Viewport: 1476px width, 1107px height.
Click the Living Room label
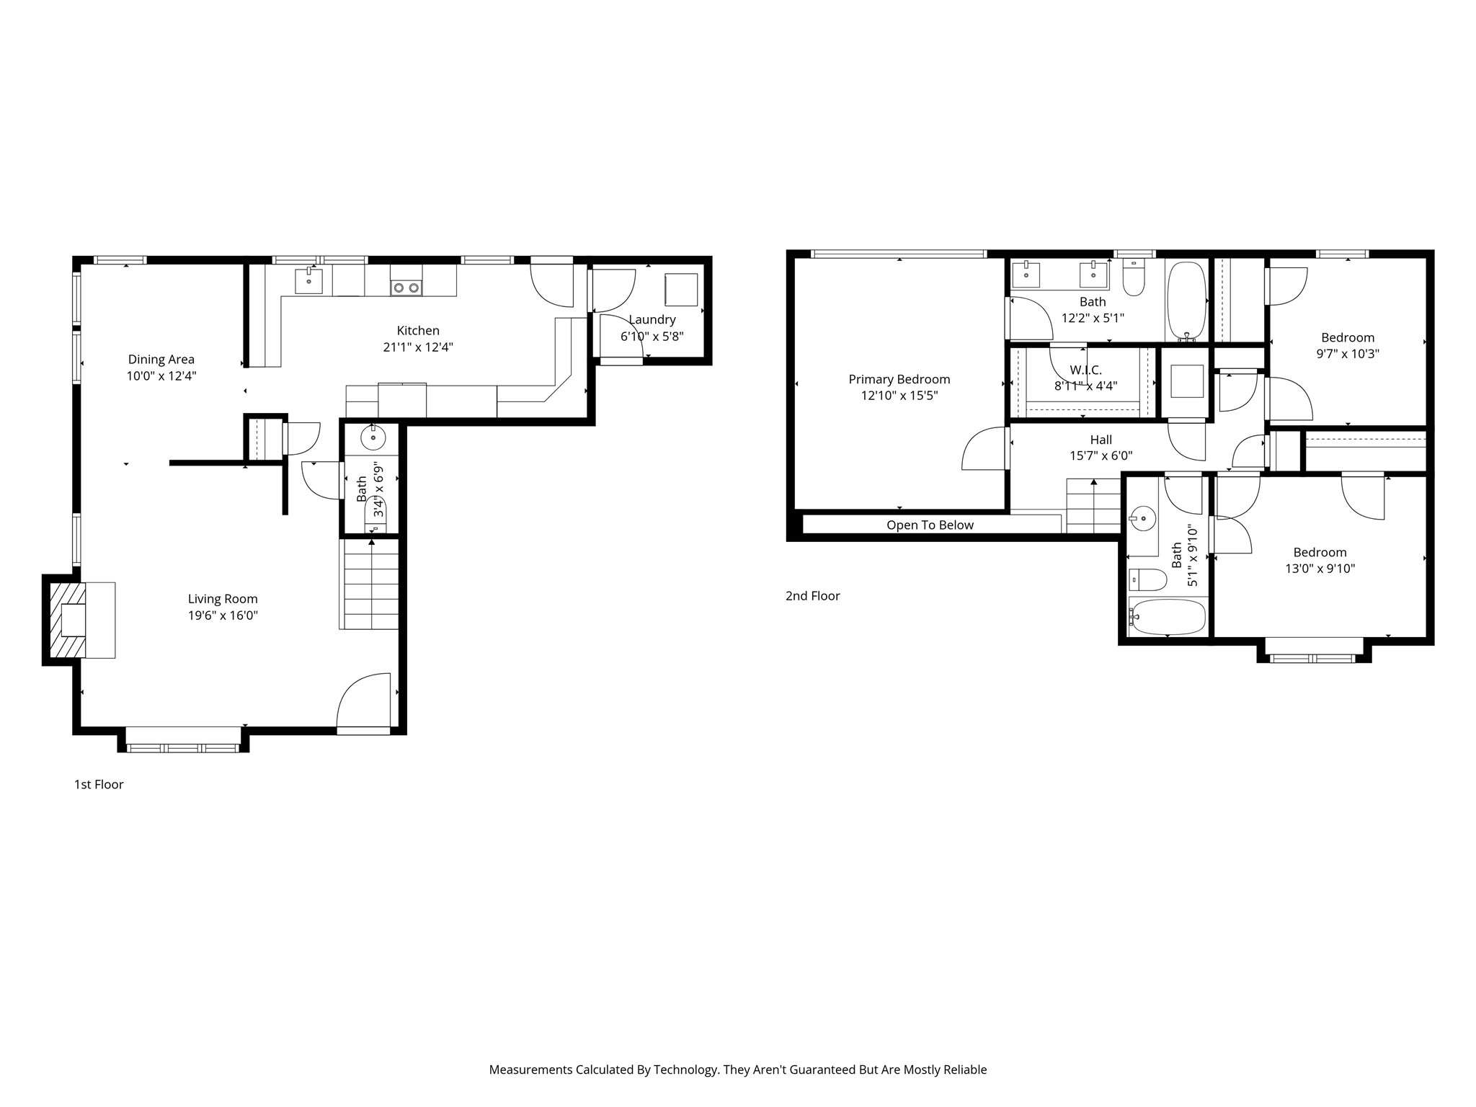223,599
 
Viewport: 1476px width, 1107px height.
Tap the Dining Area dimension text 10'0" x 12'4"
161,376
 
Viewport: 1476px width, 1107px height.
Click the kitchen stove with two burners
406,288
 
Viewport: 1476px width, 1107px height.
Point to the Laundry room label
652,319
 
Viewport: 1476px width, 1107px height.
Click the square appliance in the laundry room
681,290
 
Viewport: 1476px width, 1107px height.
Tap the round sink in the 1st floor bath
373,437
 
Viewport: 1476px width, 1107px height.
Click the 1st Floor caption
99,784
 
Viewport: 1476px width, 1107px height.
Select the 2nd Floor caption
812,596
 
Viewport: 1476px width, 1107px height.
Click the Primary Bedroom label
899,379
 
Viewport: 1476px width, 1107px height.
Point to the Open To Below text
930,525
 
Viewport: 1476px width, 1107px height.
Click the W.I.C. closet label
1085,370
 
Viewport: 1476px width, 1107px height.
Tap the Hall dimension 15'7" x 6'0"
1101,456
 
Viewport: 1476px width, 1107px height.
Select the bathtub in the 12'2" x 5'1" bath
1186,301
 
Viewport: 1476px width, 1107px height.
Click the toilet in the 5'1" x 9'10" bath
1147,579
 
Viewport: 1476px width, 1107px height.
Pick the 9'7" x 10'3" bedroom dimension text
1348,354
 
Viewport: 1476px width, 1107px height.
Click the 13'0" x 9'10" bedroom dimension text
1320,569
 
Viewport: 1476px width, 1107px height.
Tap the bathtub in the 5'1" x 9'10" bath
1168,617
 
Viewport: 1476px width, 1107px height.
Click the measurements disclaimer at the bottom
738,1070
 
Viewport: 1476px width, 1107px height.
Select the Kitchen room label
418,331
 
